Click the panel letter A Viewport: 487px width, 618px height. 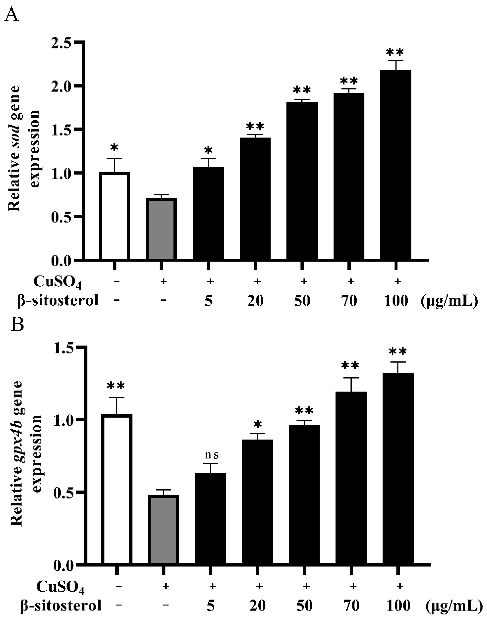(x=12, y=14)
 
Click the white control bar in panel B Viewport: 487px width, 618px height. (x=118, y=490)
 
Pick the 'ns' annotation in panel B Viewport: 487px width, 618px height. (x=212, y=455)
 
